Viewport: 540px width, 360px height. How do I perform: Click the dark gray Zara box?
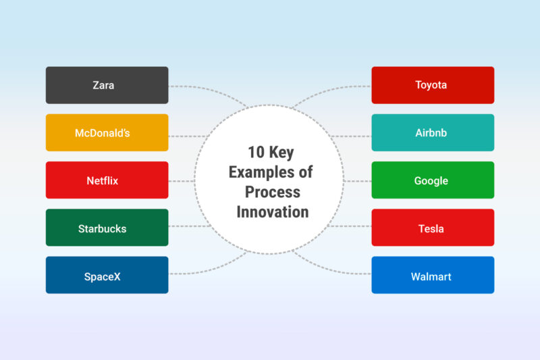coord(107,85)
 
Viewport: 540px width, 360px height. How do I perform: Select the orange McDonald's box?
coord(107,133)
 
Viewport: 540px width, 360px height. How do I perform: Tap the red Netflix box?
coord(107,180)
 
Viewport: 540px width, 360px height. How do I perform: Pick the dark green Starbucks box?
coord(107,228)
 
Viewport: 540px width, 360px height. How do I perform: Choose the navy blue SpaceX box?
coord(107,276)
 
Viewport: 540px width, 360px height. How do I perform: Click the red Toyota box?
coord(433,85)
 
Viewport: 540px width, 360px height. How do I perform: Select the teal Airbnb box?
coord(433,133)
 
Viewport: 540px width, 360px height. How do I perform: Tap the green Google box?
coord(433,180)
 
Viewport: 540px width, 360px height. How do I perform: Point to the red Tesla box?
coord(433,228)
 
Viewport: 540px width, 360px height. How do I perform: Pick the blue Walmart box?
coord(433,276)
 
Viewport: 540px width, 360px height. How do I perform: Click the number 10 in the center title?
coord(254,153)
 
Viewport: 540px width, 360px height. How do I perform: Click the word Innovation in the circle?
coord(272,211)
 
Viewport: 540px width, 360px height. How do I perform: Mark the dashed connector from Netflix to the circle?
coord(182,181)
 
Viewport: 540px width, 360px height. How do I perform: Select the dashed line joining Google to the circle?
coord(358,181)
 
